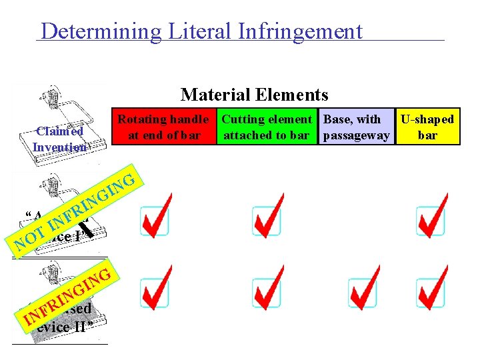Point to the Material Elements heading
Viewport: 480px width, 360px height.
254,95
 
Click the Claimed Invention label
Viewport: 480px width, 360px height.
59,139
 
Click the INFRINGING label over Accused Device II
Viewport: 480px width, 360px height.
67,297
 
